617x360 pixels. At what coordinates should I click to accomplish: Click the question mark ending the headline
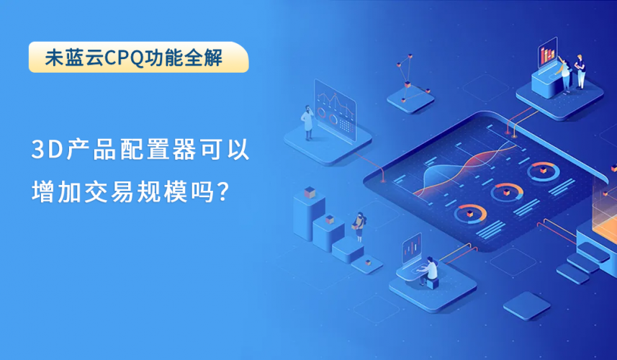pyautogui.click(x=222, y=192)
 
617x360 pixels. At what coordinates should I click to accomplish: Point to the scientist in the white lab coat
pyautogui.click(x=307, y=122)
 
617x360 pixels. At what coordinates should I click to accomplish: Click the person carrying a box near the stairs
pyautogui.click(x=359, y=227)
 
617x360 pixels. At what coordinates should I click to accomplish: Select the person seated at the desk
pyautogui.click(x=428, y=270)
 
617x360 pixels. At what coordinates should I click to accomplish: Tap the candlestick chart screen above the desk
pyautogui.click(x=412, y=248)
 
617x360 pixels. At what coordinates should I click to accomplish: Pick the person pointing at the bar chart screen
pyautogui.click(x=564, y=75)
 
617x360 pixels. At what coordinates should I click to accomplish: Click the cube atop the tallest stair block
pyautogui.click(x=310, y=192)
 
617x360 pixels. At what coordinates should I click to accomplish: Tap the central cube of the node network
pyautogui.click(x=407, y=84)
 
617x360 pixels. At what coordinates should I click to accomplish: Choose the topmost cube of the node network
pyautogui.click(x=410, y=57)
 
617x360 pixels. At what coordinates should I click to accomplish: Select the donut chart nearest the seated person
pyautogui.click(x=470, y=214)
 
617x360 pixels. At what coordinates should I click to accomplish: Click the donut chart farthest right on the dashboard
pyautogui.click(x=543, y=171)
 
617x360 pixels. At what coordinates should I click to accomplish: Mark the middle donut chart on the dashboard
pyautogui.click(x=506, y=192)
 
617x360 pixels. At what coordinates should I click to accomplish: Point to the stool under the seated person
pyautogui.click(x=433, y=283)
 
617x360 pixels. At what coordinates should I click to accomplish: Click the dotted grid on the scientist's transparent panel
pyautogui.click(x=345, y=125)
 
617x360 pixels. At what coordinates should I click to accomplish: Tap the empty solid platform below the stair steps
pyautogui.click(x=526, y=305)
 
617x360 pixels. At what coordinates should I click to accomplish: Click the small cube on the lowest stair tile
pyautogui.click(x=368, y=262)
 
